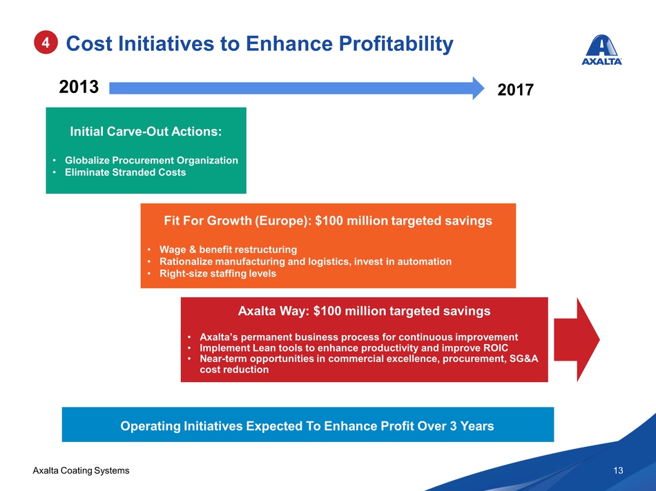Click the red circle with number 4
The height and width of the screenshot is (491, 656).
pos(46,42)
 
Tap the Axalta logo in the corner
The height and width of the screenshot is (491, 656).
pos(601,50)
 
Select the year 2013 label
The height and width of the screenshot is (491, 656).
pos(79,87)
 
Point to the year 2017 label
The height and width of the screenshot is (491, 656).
pos(515,90)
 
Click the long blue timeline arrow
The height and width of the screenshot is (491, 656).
pos(297,88)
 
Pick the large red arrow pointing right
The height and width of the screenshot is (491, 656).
pos(577,339)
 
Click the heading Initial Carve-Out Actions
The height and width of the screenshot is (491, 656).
pos(146,131)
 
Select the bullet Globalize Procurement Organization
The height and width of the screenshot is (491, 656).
pos(151,161)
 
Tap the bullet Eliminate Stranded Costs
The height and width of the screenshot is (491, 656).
pos(125,172)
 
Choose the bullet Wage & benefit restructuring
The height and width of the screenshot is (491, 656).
pos(228,250)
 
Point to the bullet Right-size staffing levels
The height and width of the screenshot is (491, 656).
pos(218,273)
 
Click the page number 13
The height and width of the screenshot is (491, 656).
pos(618,470)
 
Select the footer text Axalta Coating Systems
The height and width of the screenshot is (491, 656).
pos(81,470)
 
